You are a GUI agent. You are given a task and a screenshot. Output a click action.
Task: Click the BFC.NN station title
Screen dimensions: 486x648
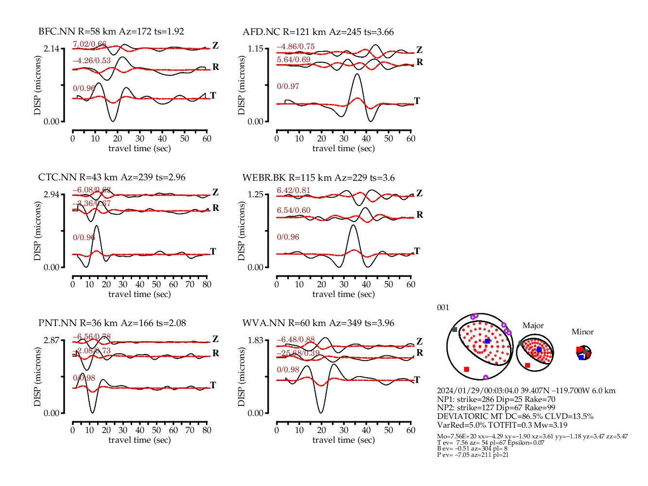pos(111,32)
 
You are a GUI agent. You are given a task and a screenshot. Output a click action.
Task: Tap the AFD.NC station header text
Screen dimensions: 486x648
pos(318,32)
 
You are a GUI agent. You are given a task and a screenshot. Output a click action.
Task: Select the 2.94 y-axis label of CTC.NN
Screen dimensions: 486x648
pos(51,194)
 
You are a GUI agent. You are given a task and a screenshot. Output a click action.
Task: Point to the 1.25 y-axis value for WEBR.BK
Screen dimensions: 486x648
pos(256,194)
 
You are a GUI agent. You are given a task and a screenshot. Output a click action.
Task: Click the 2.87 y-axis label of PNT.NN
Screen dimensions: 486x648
pos(51,340)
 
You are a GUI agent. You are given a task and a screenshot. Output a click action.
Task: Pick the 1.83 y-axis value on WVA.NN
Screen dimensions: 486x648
pos(256,340)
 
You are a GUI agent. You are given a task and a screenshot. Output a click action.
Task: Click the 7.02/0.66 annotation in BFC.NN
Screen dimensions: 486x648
pos(89,44)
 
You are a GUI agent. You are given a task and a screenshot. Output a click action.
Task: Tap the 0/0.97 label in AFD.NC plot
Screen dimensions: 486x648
pos(288,87)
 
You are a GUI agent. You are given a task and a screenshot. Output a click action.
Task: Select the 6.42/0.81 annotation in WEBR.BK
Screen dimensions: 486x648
pos(293,191)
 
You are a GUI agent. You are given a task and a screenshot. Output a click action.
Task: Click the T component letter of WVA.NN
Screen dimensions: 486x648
pos(417,380)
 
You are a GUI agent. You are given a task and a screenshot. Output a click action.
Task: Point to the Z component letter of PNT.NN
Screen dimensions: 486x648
pos(215,339)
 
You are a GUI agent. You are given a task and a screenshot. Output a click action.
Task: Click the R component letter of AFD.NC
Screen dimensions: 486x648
pos(420,62)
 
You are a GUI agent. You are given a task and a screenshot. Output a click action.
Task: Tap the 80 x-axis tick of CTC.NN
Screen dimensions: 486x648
pos(207,284)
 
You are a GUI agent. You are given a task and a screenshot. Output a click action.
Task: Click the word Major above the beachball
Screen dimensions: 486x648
pos(533,326)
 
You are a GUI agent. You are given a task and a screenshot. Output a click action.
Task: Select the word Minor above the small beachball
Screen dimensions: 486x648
pos(582,332)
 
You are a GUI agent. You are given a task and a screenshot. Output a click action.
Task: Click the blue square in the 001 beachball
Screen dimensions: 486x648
pos(487,341)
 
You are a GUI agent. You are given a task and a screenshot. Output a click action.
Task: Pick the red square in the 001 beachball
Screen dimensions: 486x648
pos(467,369)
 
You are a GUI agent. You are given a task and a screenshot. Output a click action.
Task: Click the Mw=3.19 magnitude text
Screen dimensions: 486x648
pos(551,425)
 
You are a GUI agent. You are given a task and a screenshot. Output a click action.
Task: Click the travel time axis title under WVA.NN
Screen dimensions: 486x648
pos(343,440)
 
